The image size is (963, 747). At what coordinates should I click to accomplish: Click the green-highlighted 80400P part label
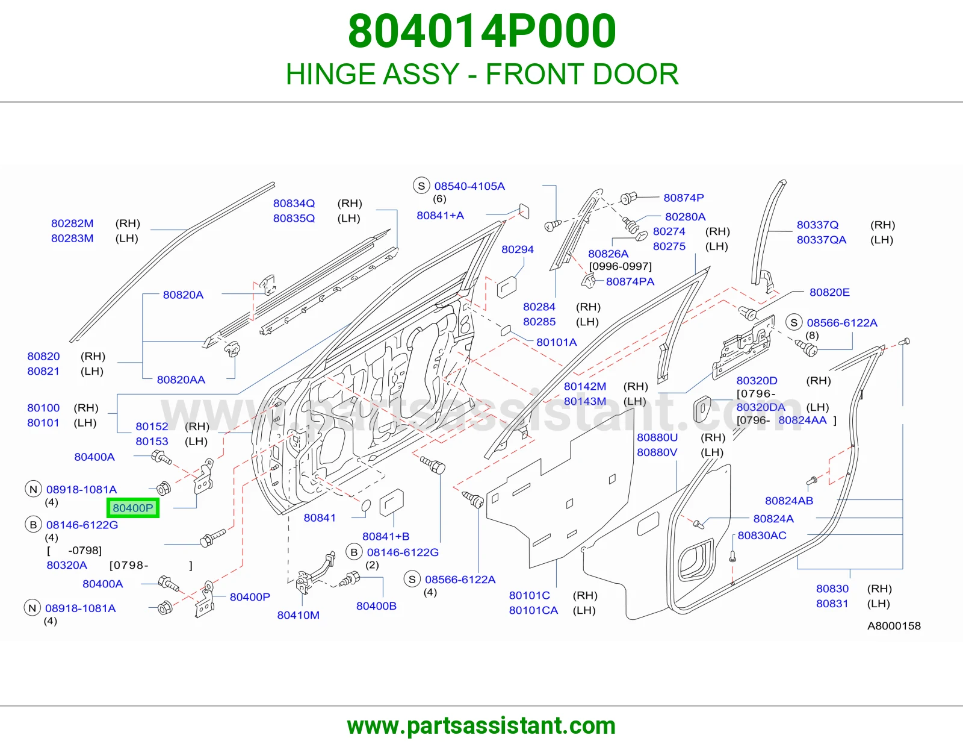tap(132, 508)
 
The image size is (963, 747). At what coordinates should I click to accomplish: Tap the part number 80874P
tap(683, 198)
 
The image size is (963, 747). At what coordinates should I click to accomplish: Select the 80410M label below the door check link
tap(299, 615)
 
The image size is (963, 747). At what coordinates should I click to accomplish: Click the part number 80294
tap(517, 249)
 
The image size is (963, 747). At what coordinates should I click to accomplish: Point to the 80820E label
tap(829, 292)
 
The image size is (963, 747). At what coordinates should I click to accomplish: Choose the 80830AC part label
tap(762, 536)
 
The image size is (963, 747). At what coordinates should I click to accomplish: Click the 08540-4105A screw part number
tap(469, 186)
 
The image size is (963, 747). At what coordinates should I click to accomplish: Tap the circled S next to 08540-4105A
tap(421, 186)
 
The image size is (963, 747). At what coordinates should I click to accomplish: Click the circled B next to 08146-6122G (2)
tap(354, 552)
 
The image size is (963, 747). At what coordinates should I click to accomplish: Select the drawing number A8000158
tap(894, 626)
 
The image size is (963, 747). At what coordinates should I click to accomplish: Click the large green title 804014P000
tap(482, 31)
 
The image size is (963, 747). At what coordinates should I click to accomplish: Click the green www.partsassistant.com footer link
tap(482, 726)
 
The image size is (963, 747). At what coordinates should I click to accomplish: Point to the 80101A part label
tap(556, 342)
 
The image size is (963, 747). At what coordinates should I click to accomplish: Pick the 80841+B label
tap(386, 536)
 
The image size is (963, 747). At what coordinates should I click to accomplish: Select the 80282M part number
tap(72, 223)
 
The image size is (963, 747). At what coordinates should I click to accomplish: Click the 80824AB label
tap(789, 501)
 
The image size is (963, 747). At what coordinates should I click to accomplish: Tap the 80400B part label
tap(376, 606)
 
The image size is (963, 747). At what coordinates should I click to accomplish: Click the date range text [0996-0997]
tap(620, 266)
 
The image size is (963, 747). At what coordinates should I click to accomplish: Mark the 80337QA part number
tap(821, 240)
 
